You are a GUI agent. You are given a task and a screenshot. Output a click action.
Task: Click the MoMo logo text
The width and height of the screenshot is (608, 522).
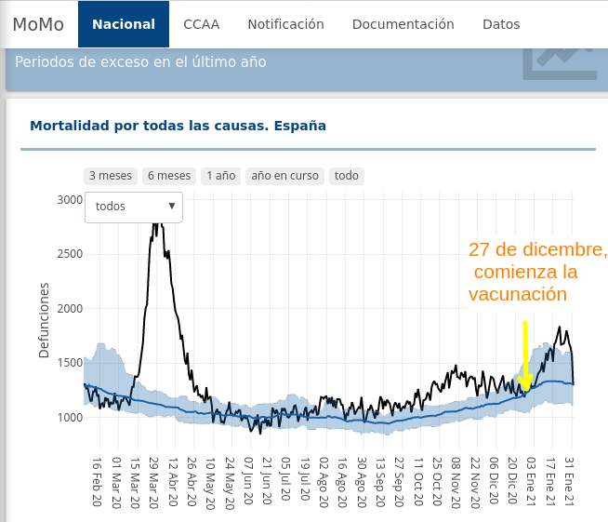(x=38, y=24)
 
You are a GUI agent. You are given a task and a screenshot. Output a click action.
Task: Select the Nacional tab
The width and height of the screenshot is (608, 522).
(x=124, y=24)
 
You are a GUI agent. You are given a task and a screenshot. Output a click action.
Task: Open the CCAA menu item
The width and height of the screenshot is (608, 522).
(x=202, y=24)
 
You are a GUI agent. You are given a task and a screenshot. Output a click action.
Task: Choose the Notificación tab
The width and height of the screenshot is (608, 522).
(x=285, y=24)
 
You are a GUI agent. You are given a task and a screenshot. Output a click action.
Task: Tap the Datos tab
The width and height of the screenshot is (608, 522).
(x=501, y=24)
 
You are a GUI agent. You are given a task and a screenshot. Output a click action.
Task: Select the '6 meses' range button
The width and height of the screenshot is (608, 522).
(x=169, y=176)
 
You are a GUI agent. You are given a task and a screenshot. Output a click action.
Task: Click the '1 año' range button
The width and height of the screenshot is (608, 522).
(x=221, y=176)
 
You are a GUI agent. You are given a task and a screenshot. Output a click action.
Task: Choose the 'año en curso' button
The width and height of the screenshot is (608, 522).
(x=284, y=176)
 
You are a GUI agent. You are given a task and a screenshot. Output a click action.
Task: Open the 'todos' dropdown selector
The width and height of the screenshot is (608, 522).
(x=134, y=207)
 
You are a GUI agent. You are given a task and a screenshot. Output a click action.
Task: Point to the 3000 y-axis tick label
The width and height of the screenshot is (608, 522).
(x=70, y=199)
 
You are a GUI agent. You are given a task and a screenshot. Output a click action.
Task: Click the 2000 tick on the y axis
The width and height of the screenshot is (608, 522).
(x=70, y=308)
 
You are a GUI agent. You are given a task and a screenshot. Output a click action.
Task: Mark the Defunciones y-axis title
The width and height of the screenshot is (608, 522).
(x=44, y=322)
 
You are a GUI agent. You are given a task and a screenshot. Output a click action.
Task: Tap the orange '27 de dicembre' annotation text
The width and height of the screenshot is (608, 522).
(x=537, y=251)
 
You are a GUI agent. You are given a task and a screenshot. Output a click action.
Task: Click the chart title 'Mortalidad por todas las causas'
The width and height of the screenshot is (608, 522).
(x=178, y=125)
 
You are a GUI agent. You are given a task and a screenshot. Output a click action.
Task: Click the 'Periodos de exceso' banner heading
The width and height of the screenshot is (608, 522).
(x=140, y=62)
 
